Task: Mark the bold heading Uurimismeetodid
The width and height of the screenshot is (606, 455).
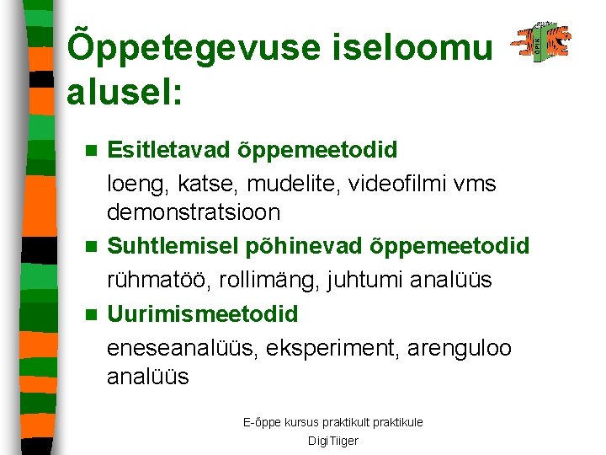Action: pyautogui.click(x=203, y=314)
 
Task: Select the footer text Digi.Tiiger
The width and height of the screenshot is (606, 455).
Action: pyautogui.click(x=332, y=441)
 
